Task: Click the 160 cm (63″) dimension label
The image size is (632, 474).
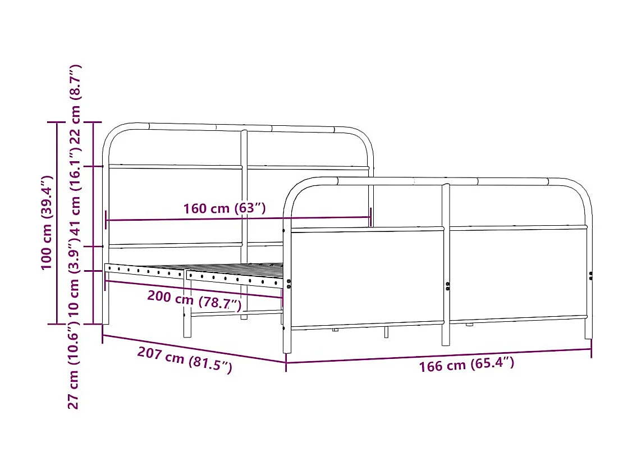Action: [224, 208]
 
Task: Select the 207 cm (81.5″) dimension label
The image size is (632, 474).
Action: [185, 361]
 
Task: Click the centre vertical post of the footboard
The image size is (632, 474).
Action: [446, 264]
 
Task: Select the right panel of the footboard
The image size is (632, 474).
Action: [517, 274]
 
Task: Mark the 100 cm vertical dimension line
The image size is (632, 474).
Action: [57, 222]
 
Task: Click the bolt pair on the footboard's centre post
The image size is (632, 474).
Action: [448, 286]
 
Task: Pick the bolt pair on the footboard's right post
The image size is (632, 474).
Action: [590, 275]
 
